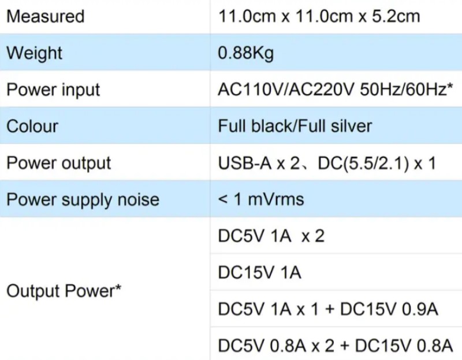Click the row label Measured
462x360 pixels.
click(45, 16)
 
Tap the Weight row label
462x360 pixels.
click(34, 53)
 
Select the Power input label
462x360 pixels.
click(53, 90)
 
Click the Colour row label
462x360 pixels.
click(32, 126)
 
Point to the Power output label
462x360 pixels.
click(58, 163)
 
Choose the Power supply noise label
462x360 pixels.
click(83, 200)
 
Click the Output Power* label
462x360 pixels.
click(64, 291)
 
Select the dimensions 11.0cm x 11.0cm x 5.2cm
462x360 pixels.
click(319, 16)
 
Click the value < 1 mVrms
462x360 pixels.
click(261, 200)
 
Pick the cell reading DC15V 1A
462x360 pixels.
click(259, 272)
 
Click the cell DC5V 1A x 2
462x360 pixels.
click(271, 236)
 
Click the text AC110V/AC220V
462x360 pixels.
click(285, 90)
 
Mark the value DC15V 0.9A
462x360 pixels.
click(389, 309)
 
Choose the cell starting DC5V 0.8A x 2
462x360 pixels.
click(335, 346)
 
